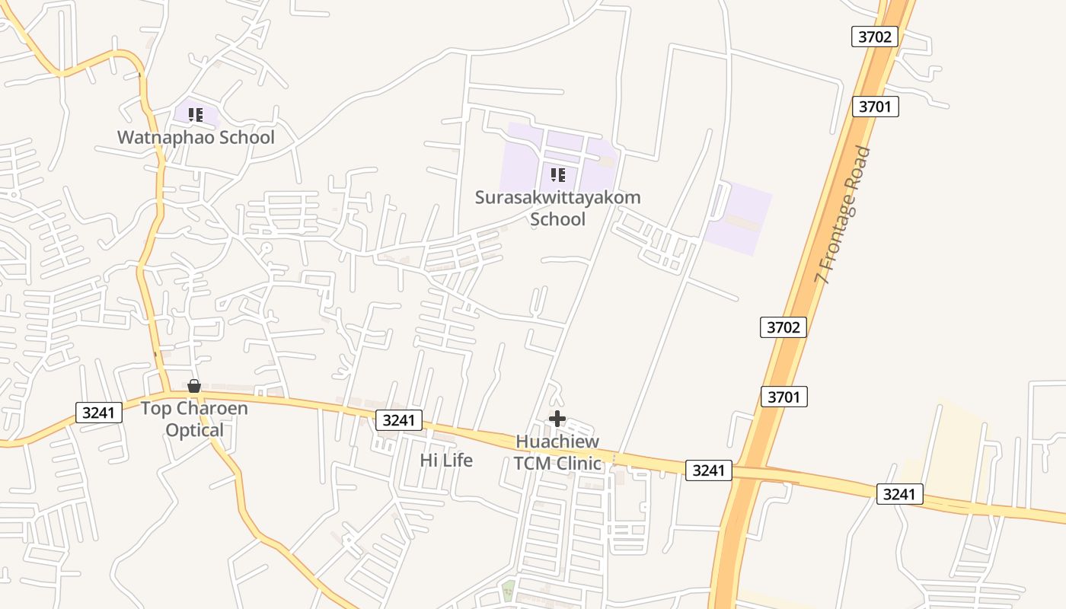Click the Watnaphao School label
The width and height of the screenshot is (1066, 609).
tap(196, 138)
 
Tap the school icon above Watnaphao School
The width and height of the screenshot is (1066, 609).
tap(196, 115)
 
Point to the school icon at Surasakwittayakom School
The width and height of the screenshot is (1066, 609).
tap(558, 175)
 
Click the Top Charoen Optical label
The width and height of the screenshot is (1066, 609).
tap(194, 419)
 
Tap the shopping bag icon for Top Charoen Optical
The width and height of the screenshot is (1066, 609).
tap(194, 386)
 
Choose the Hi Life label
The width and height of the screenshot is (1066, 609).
tap(446, 461)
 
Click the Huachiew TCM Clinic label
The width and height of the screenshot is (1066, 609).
tap(557, 452)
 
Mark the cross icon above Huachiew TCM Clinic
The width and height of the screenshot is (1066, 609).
tap(557, 418)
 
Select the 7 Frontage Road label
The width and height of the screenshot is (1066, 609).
tap(842, 215)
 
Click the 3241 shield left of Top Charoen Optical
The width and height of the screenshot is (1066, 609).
tap(99, 413)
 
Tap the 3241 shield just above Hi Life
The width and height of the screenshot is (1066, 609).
tap(398, 419)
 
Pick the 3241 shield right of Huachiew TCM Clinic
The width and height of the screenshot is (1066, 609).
tap(708, 470)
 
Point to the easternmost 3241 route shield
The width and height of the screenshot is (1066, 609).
tap(899, 494)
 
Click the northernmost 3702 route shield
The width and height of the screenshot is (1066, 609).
tap(875, 37)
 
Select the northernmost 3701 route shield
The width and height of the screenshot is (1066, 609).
tap(875, 107)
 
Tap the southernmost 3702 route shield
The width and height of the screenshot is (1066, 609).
tap(784, 327)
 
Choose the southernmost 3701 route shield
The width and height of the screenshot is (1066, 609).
tap(784, 397)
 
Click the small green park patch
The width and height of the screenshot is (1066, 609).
tap(508, 588)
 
